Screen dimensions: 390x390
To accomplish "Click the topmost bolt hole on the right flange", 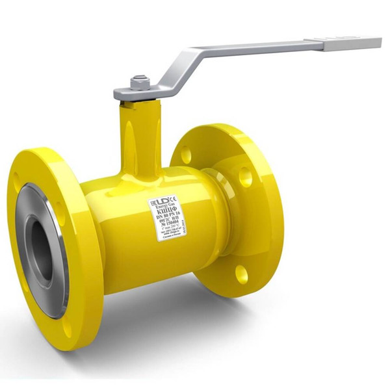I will (x=187, y=155).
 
